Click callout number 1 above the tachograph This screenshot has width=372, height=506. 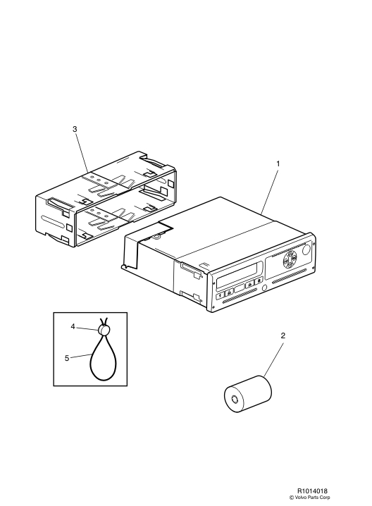(x=278, y=164)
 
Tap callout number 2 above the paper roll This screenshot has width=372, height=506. (x=283, y=335)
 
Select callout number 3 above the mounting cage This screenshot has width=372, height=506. (x=75, y=129)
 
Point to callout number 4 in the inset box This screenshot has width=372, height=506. (x=73, y=326)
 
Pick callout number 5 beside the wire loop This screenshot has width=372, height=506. (x=67, y=358)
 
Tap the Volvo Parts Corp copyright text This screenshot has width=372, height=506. (x=310, y=498)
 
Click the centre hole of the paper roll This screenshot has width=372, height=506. (x=235, y=400)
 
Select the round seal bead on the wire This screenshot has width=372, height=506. (x=104, y=330)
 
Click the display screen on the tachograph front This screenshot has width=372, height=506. (x=237, y=276)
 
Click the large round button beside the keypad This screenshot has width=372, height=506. (x=306, y=249)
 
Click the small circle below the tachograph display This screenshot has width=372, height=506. (x=264, y=288)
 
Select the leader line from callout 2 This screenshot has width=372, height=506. (x=273, y=359)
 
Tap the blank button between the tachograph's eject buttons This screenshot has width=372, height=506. (x=239, y=288)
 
